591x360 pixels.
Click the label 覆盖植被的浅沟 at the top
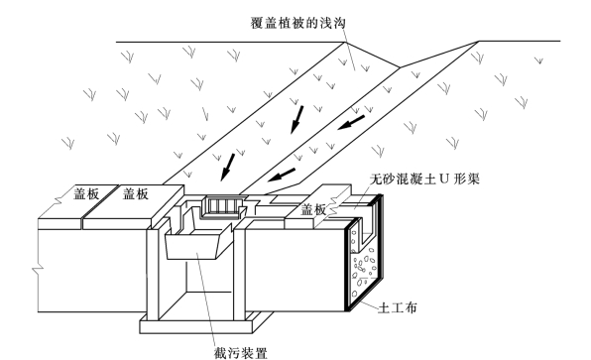pos(297,23)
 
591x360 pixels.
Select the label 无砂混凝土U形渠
pos(424,179)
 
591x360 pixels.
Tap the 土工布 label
pos(397,307)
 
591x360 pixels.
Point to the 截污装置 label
pos(240,353)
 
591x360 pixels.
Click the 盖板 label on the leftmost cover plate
pos(86,193)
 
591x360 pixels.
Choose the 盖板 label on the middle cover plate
pos(136,193)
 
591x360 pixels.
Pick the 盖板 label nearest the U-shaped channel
pos(313,209)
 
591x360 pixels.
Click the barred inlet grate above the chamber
pos(223,207)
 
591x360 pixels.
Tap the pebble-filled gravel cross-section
pos(363,266)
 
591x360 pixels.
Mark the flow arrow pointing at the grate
pos(228,167)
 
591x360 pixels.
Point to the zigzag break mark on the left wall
pos(38,269)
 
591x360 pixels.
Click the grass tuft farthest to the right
pos(539,60)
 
